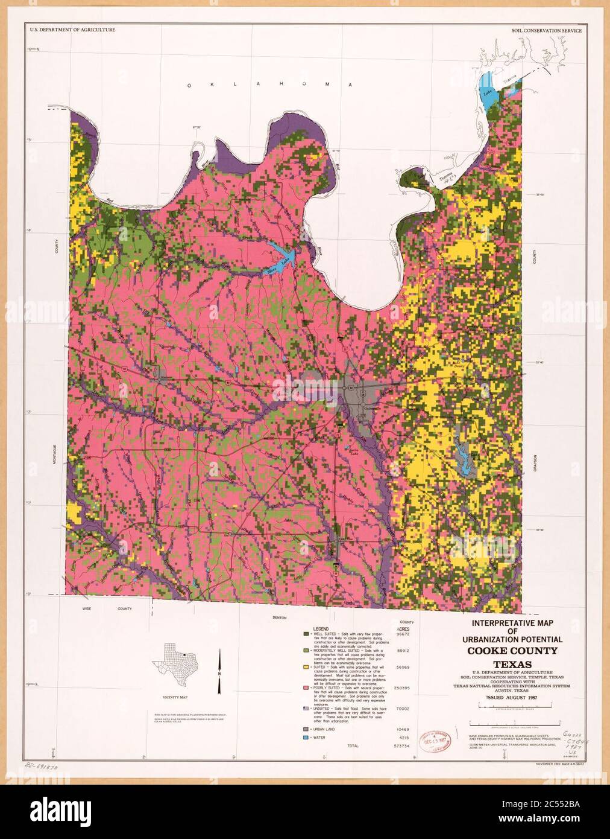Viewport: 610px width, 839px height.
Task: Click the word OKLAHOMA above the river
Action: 269,86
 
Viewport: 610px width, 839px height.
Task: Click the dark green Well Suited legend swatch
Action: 306,634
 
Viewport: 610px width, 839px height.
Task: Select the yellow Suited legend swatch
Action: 306,667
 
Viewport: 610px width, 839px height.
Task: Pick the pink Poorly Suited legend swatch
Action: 306,687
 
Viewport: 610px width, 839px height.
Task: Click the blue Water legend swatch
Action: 306,738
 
